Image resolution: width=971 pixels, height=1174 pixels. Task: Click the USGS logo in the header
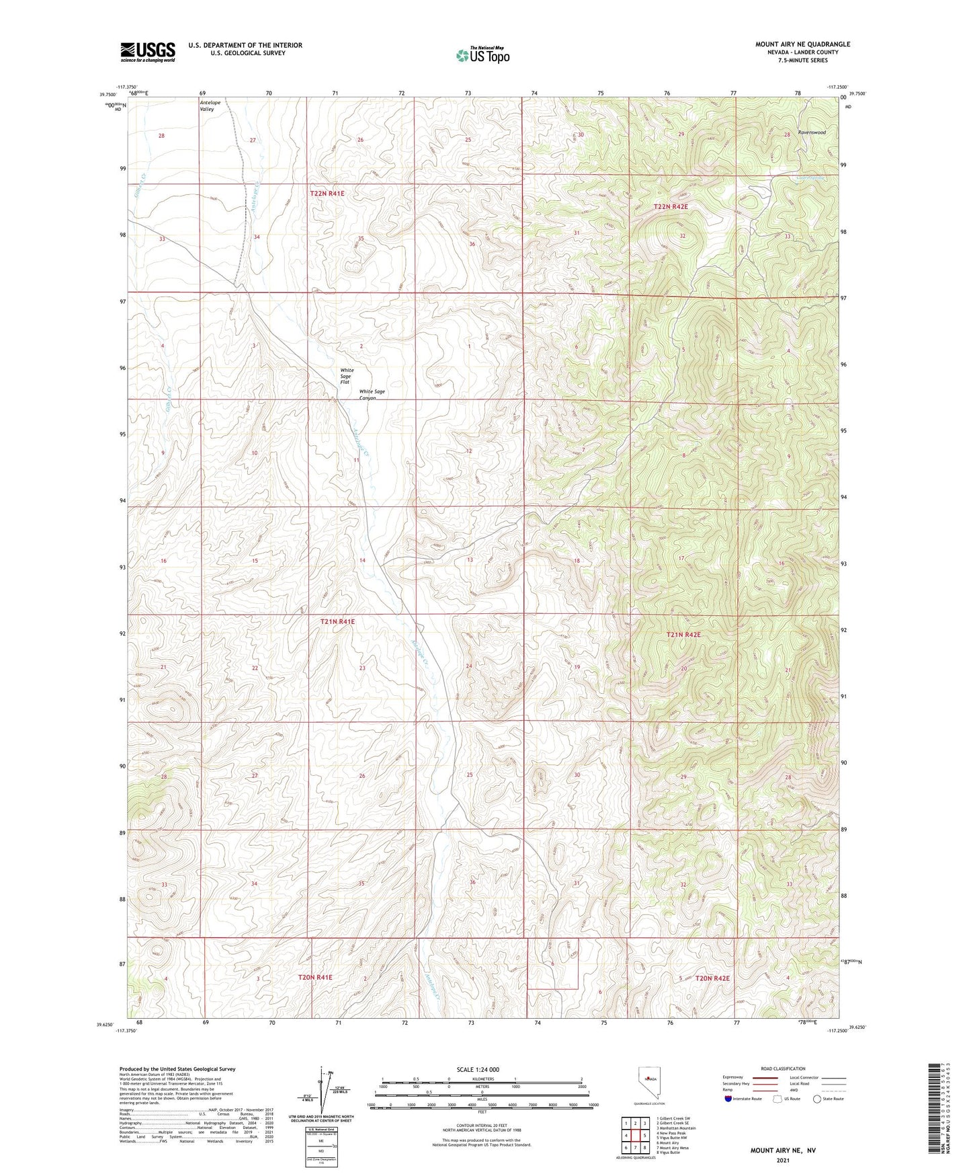click(x=148, y=52)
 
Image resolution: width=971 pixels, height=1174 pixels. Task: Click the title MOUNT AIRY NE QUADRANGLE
click(x=802, y=44)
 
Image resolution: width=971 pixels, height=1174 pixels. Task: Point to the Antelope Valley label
click(x=210, y=106)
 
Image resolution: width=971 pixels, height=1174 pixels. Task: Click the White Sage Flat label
click(x=347, y=376)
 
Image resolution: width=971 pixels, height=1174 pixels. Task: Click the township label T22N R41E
click(x=327, y=194)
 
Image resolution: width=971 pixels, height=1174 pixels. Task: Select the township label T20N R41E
click(x=315, y=977)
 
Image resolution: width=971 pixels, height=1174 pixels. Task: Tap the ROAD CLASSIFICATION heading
click(x=784, y=1068)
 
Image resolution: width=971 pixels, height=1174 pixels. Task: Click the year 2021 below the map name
click(x=783, y=1161)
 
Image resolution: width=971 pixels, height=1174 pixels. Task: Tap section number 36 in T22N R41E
click(x=472, y=244)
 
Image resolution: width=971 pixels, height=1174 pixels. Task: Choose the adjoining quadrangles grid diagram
click(x=635, y=1136)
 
